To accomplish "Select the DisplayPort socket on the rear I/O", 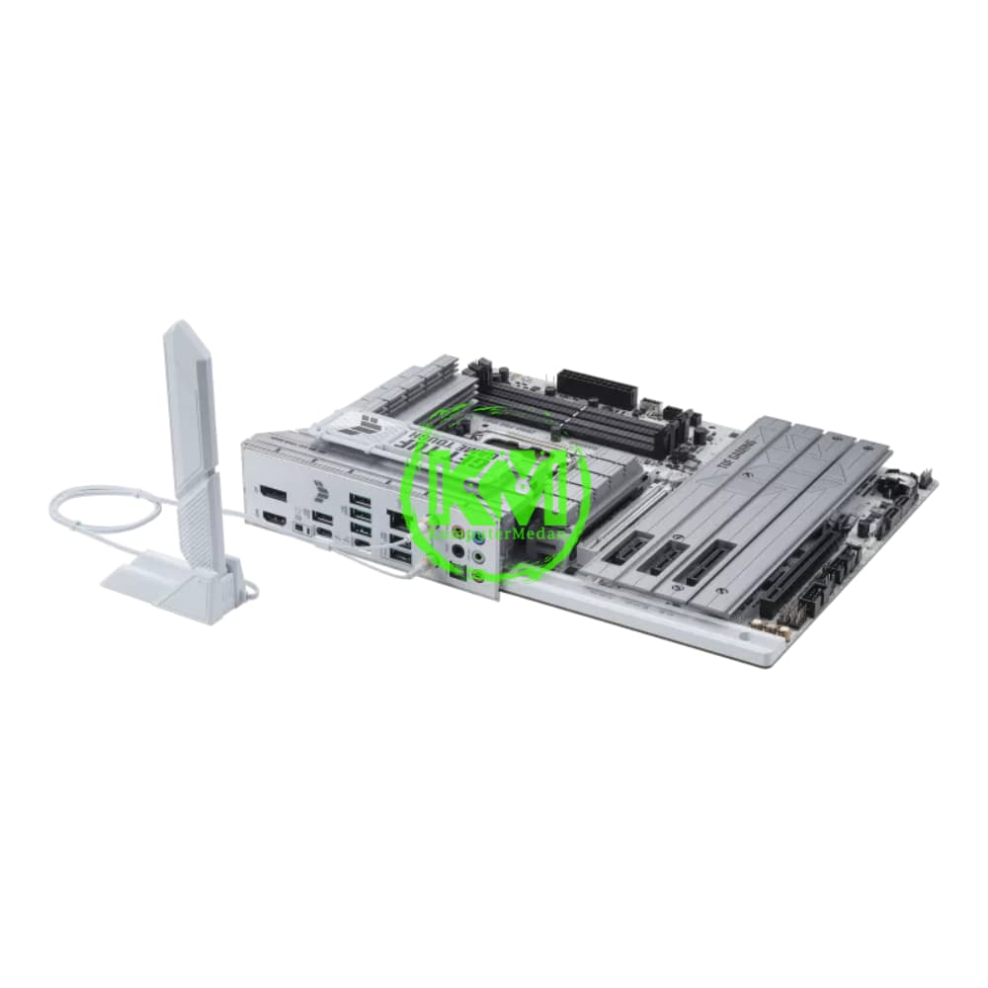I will pos(274,493).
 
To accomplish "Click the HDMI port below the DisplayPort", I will pos(274,519).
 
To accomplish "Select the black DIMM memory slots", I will pos(583,415).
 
